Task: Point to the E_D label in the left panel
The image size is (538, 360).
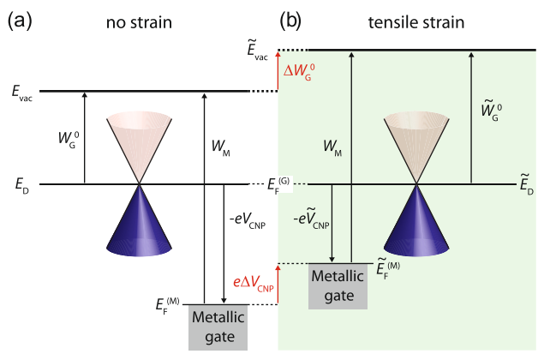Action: [21, 185]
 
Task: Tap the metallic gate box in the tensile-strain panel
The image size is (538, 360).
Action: [338, 285]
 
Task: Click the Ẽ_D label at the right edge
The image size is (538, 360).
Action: [524, 185]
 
